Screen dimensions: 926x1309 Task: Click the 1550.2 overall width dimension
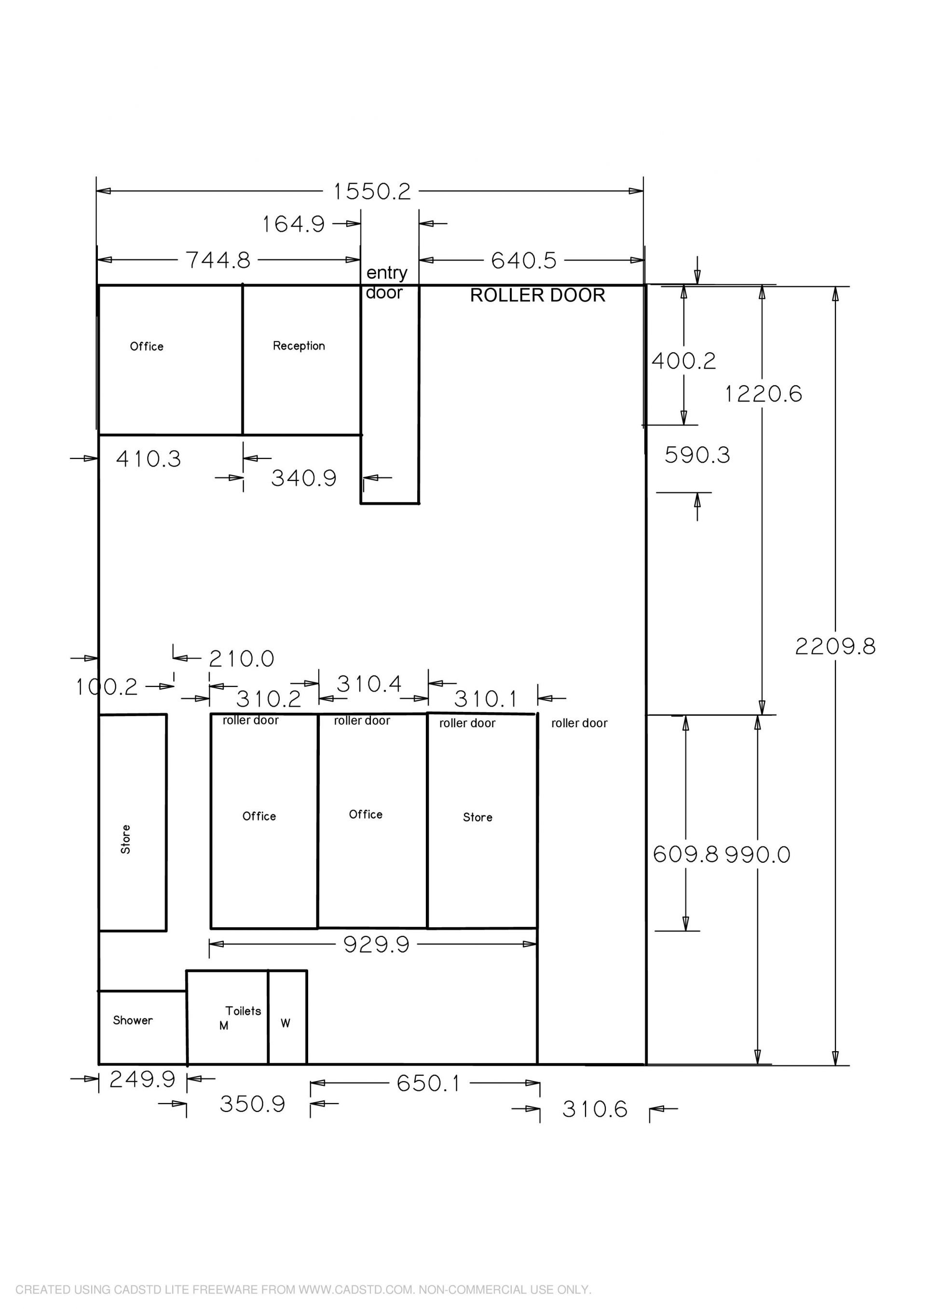(372, 191)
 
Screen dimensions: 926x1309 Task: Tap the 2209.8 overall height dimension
(835, 646)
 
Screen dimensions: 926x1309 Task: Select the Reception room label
(299, 346)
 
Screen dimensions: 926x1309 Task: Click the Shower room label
(133, 1020)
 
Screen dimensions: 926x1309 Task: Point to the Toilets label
(243, 1011)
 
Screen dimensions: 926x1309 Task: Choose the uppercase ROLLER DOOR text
(537, 295)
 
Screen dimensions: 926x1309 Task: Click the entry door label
(386, 282)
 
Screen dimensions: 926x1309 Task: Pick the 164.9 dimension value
(293, 224)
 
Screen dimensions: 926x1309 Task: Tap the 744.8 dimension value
(218, 261)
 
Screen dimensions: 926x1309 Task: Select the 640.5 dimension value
(524, 261)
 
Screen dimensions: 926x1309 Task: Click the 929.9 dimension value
(377, 945)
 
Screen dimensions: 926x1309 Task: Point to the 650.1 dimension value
(428, 1083)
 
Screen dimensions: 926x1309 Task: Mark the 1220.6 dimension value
(763, 394)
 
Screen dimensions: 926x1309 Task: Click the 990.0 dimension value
(758, 855)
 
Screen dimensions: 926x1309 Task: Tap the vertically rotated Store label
(125, 839)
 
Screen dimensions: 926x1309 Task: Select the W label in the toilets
(285, 1023)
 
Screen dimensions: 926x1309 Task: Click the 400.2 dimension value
(683, 361)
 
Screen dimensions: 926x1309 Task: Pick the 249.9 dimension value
(142, 1079)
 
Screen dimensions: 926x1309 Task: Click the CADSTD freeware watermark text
(303, 1290)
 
